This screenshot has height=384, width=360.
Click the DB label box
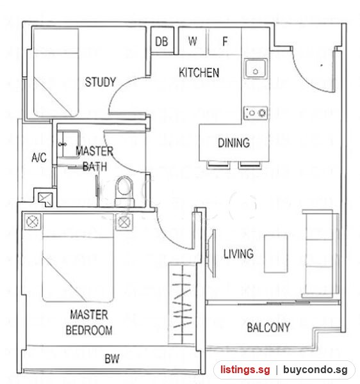[x=162, y=40]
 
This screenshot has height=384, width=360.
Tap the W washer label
[x=193, y=41]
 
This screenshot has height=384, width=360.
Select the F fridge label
[x=225, y=41]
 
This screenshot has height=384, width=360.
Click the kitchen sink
[x=256, y=68]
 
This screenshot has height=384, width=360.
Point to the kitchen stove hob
[x=256, y=113]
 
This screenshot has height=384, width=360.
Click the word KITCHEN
[x=199, y=72]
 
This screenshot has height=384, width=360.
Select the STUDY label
[x=100, y=82]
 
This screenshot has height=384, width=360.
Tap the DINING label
[x=234, y=143]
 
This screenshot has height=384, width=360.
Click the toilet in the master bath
[x=124, y=191]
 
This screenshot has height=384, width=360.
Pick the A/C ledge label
[x=39, y=157]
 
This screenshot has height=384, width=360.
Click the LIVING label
[x=238, y=253]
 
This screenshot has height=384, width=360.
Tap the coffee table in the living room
[x=275, y=253]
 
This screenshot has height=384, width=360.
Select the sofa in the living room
[x=320, y=253]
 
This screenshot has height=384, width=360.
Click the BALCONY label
[x=268, y=328]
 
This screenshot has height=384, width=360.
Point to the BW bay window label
[x=112, y=359]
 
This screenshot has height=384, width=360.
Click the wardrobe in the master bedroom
[x=182, y=303]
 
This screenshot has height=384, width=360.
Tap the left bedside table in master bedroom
[x=32, y=222]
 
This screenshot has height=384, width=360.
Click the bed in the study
[x=56, y=72]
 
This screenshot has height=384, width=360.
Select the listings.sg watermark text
[x=245, y=369]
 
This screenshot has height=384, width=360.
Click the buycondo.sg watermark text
[x=315, y=369]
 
